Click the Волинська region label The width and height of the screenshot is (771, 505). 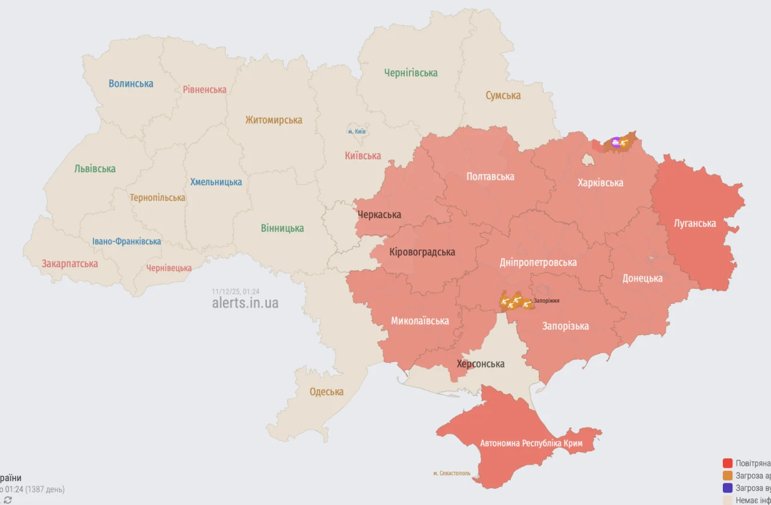pyautogui.click(x=131, y=84)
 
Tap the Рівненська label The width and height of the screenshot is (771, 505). pyautogui.click(x=205, y=90)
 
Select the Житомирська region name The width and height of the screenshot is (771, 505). pyautogui.click(x=273, y=120)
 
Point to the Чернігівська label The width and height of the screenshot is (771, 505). pyautogui.click(x=411, y=73)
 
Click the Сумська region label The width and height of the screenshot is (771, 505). pyautogui.click(x=503, y=95)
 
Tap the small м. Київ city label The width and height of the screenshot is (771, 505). pyautogui.click(x=357, y=131)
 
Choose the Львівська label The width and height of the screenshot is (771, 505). pyautogui.click(x=95, y=169)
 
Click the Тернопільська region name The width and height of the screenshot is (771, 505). pyautogui.click(x=157, y=197)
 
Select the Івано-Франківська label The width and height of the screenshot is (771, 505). pyautogui.click(x=126, y=241)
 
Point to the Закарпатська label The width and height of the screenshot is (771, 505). pyautogui.click(x=69, y=264)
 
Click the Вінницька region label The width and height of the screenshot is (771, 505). pyautogui.click(x=282, y=228)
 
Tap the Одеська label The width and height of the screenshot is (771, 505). pyautogui.click(x=326, y=392)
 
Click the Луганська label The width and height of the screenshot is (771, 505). pyautogui.click(x=695, y=223)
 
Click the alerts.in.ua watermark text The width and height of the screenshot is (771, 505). pyautogui.click(x=245, y=303)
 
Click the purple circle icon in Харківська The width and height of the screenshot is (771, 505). pyautogui.click(x=615, y=142)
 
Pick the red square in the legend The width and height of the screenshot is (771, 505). pyautogui.click(x=728, y=463)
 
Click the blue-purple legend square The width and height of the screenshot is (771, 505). pyautogui.click(x=728, y=488)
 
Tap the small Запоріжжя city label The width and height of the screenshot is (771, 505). pyautogui.click(x=546, y=300)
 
